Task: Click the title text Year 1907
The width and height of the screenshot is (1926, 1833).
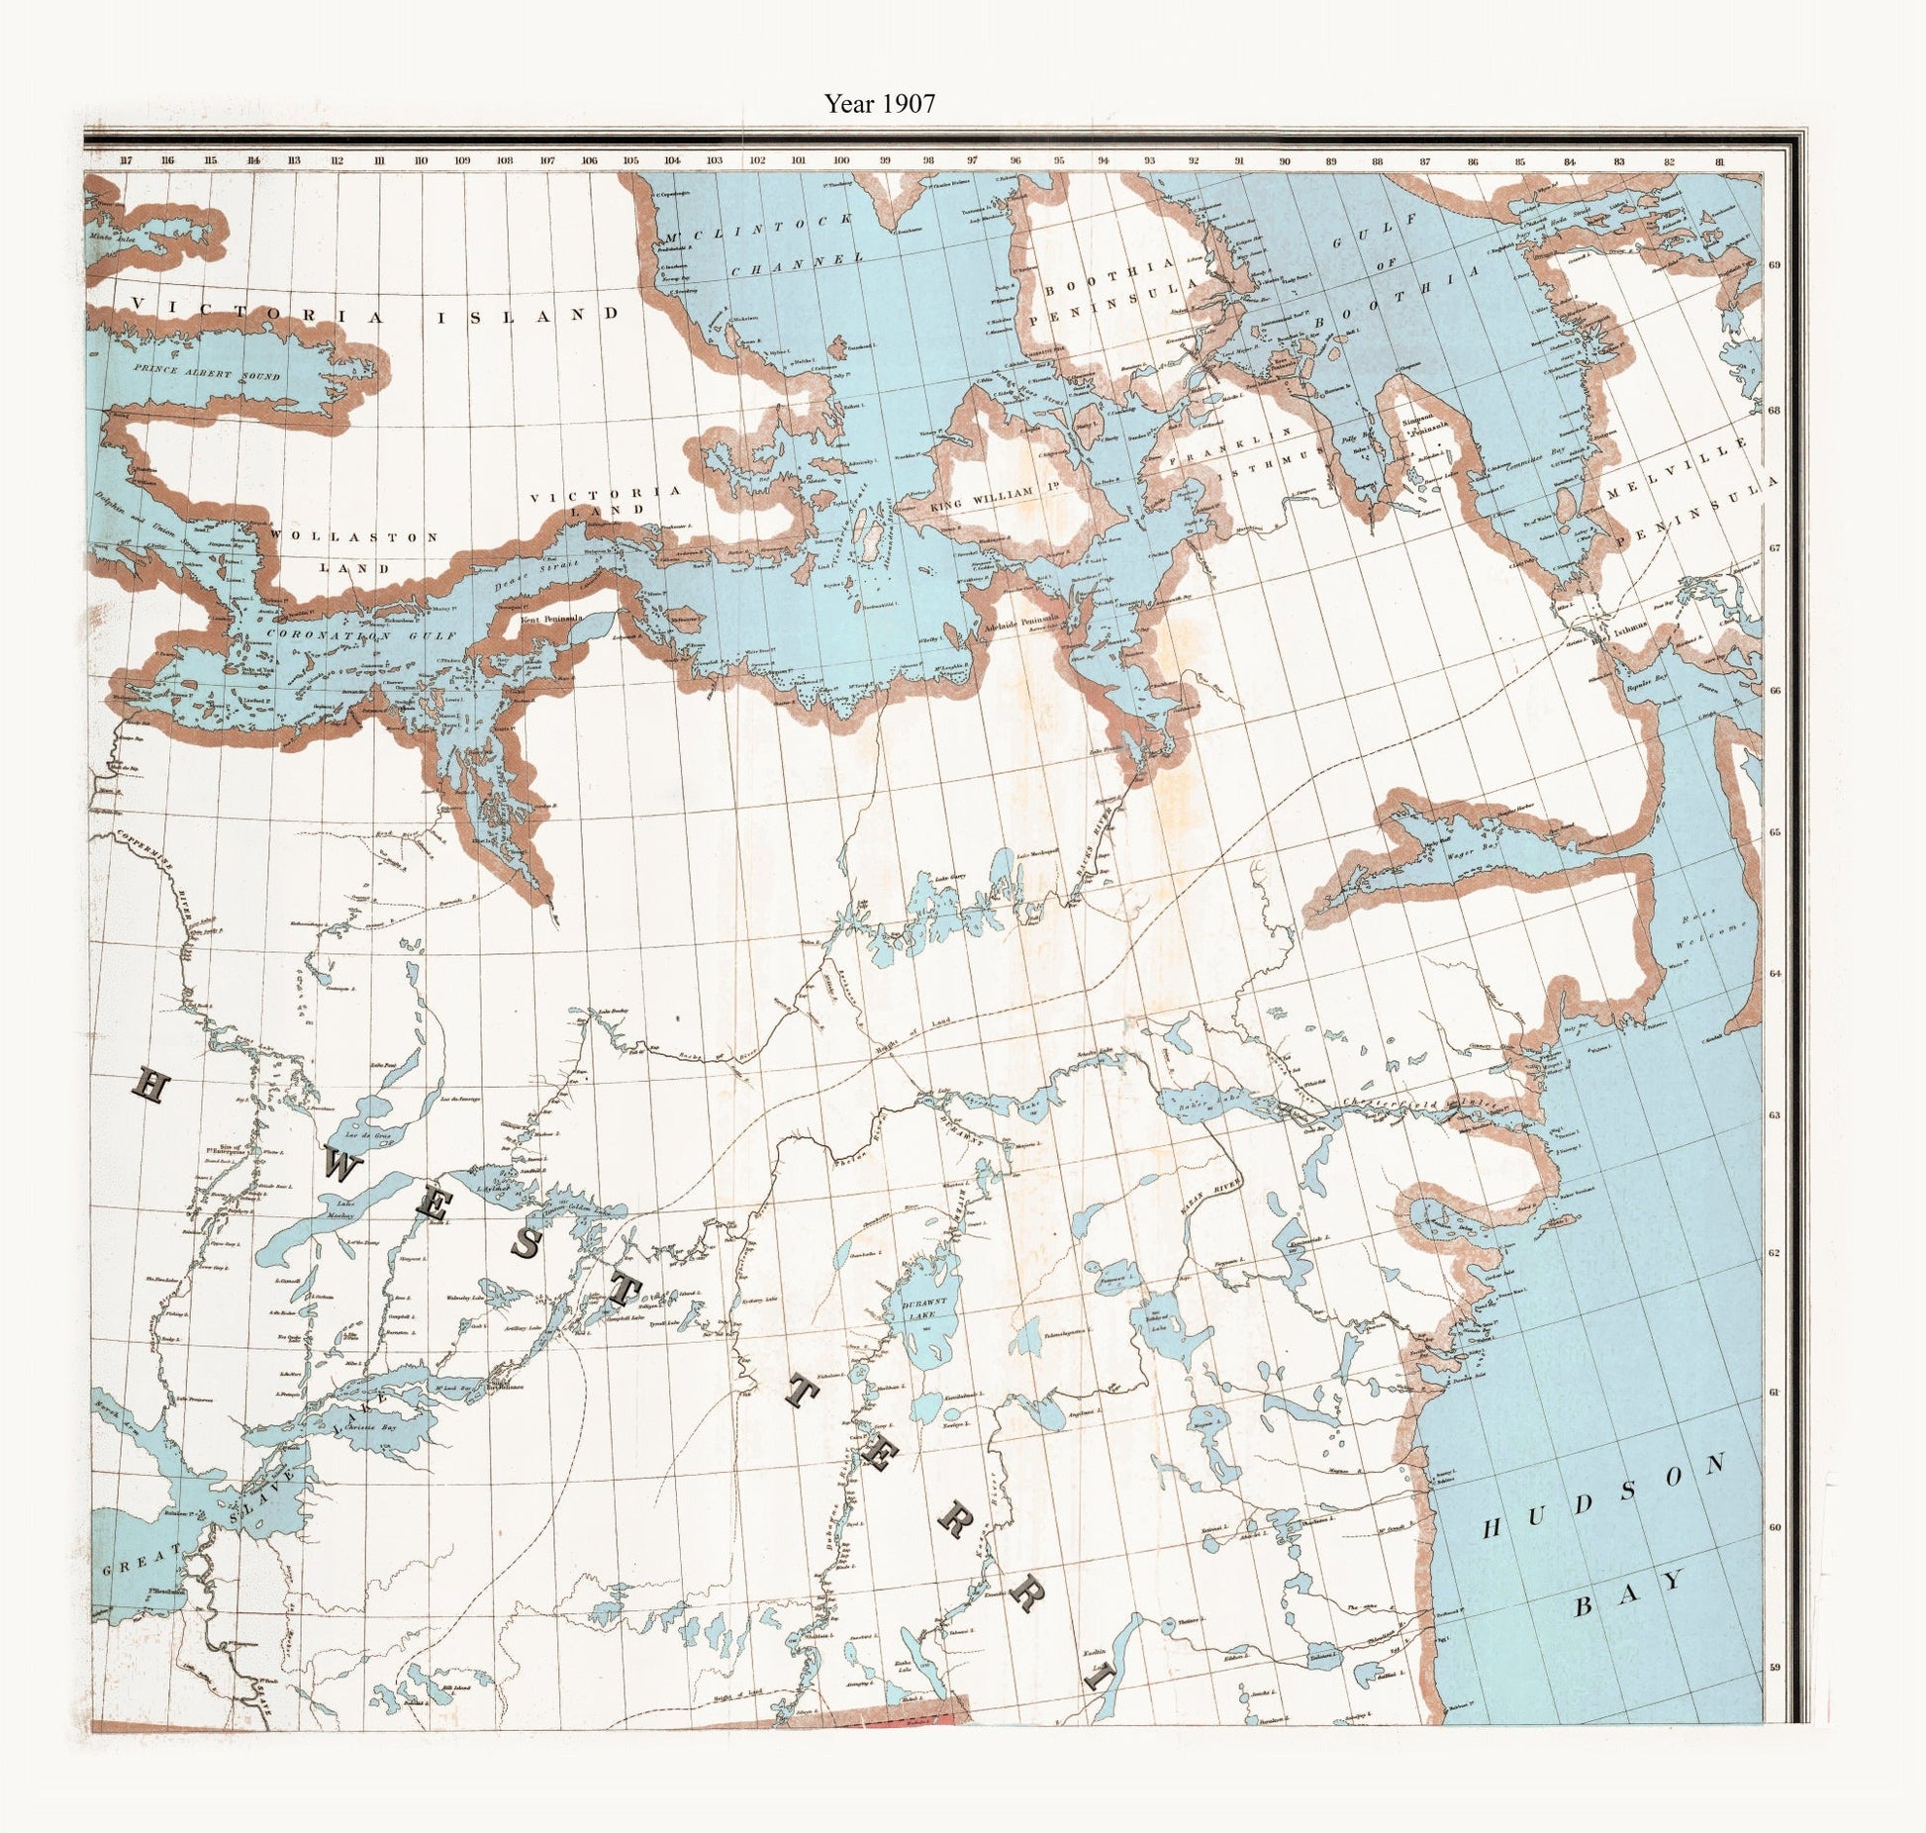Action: [x=880, y=103]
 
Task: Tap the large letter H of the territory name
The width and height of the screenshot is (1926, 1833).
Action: [x=147, y=1087]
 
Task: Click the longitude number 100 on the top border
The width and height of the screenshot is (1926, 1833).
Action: [x=841, y=160]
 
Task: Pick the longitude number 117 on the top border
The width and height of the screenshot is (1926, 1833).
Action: [x=125, y=160]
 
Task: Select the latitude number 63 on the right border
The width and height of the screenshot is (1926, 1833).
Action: [x=1775, y=1115]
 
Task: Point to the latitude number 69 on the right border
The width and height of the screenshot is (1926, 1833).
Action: [x=1775, y=264]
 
